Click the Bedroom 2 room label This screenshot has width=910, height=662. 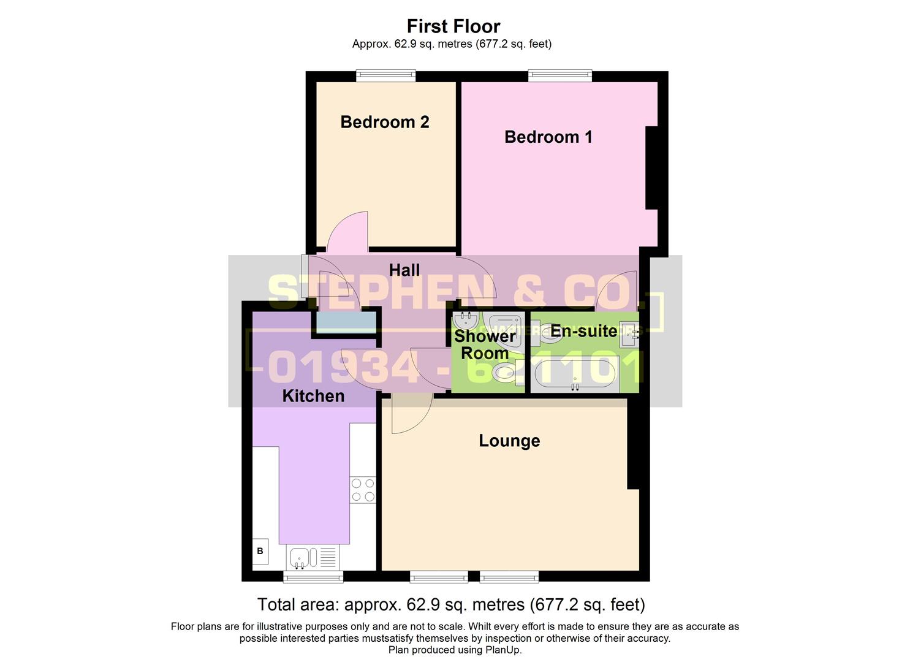click(x=384, y=122)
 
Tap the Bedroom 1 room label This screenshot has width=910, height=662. click(x=548, y=137)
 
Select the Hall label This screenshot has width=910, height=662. click(x=404, y=270)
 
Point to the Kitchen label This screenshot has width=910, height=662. click(x=313, y=396)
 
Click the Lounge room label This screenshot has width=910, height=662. click(x=509, y=441)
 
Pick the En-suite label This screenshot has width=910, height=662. click(x=583, y=331)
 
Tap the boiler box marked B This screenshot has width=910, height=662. click(x=260, y=551)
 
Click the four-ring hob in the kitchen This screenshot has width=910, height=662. click(x=363, y=490)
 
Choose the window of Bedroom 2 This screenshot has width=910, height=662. click(x=386, y=76)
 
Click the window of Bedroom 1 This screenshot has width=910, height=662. click(x=560, y=76)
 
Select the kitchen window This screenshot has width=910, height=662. click(x=313, y=576)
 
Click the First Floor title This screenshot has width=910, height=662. click(x=453, y=26)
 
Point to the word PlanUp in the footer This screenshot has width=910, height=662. click(x=504, y=650)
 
